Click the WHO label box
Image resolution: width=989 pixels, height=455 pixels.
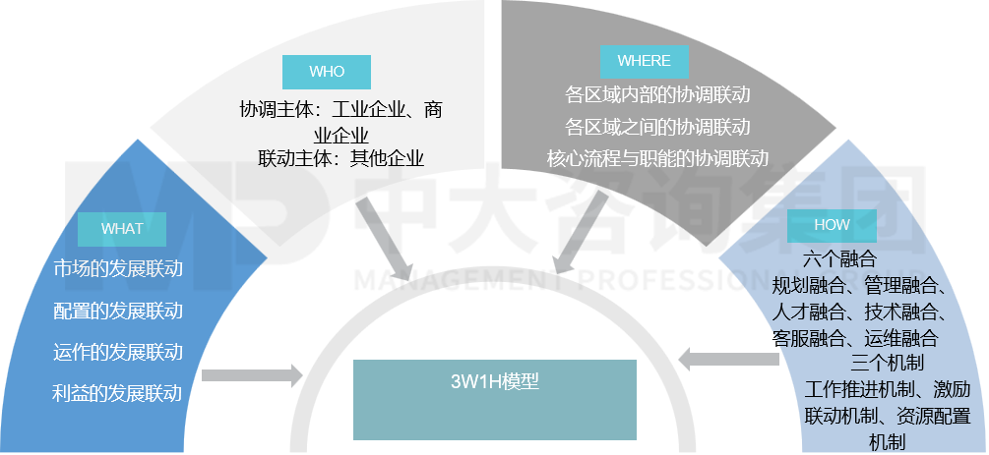coord(327,72)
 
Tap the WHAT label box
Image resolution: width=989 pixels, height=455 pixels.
coord(122,229)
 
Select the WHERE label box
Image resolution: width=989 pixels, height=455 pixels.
coord(644,61)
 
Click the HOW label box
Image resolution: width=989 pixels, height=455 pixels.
coord(832,225)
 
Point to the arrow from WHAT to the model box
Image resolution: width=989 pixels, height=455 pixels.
coord(252,375)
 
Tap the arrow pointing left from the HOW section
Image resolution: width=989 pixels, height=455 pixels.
coord(728,360)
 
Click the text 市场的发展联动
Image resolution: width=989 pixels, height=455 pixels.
coord(118,269)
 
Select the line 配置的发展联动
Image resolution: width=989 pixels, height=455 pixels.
coord(118,311)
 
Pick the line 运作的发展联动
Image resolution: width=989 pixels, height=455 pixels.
coord(118,352)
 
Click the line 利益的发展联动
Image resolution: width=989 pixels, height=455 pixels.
coord(118,394)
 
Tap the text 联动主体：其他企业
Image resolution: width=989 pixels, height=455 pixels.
coord(340,158)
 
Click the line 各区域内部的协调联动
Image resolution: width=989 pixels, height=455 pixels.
coord(657,95)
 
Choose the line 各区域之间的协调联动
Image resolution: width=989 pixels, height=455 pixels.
coord(657,127)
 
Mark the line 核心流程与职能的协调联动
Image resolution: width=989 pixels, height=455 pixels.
coord(657,158)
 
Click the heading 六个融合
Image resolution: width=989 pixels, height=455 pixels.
coord(838,260)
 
